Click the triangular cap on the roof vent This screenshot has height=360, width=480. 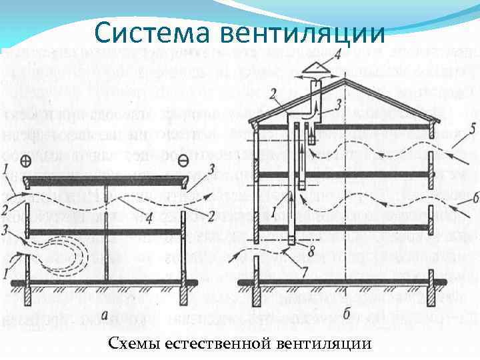pyautogui.click(x=316, y=67)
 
